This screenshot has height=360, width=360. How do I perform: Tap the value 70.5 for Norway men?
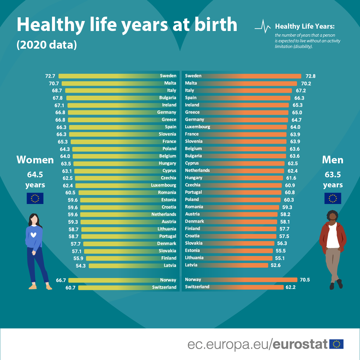pyautogui.click(x=304, y=280)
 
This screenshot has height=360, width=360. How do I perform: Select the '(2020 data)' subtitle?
pyautogui.click(x=47, y=45)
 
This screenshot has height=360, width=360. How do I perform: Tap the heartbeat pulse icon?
pyautogui.click(x=263, y=27)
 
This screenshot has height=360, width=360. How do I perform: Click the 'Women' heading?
pyautogui.click(x=35, y=160)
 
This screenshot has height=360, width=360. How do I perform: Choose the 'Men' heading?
pyautogui.click(x=332, y=160)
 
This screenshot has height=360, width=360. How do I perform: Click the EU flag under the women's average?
pyautogui.click(x=35, y=198)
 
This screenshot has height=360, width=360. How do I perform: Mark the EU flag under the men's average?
pyautogui.click(x=333, y=198)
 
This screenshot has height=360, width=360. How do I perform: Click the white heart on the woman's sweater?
pyautogui.click(x=33, y=235)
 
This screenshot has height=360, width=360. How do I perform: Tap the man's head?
pyautogui.click(x=332, y=217)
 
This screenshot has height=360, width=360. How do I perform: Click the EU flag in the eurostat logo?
pyautogui.click(x=336, y=344)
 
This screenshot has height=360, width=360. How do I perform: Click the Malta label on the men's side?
pyautogui.click(x=191, y=83)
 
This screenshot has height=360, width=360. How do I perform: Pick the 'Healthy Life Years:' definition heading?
pyautogui.click(x=305, y=26)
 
